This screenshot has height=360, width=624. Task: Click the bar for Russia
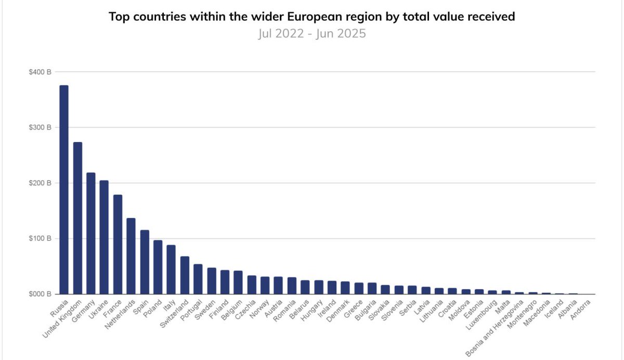pyautogui.click(x=64, y=190)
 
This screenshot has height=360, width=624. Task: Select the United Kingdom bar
pyautogui.click(x=77, y=218)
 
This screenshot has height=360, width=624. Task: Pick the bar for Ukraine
pyautogui.click(x=104, y=237)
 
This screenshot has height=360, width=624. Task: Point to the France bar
pyautogui.click(x=118, y=245)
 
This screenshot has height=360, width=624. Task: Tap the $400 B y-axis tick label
pyautogui.click(x=40, y=72)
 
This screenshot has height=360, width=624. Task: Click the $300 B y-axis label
pyautogui.click(x=40, y=127)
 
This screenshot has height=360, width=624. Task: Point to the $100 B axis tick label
pyautogui.click(x=40, y=239)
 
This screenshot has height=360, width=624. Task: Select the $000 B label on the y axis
pyautogui.click(x=40, y=294)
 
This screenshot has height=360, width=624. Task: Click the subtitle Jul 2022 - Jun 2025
pyautogui.click(x=311, y=33)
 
